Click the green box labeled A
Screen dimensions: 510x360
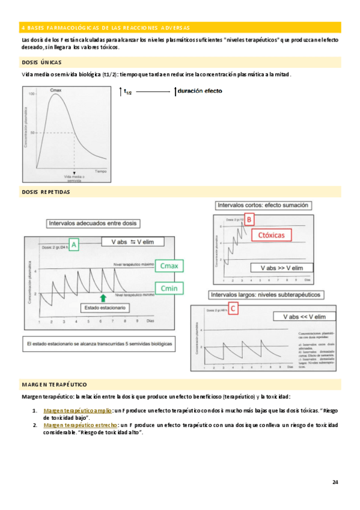pos(74,245)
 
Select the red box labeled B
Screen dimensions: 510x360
pos(249,220)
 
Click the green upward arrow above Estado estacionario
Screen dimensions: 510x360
pos(103,297)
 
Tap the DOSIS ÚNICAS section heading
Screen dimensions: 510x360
pos(41,62)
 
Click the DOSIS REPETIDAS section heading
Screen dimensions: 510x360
pos(46,192)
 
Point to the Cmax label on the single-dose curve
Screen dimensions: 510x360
pos(58,91)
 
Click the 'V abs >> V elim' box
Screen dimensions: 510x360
pos(280,267)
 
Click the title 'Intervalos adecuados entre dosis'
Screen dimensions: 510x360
pos(93,224)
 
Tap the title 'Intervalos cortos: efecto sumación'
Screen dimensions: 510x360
pos(263,205)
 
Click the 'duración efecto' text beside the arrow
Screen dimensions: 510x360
pos(200,91)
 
